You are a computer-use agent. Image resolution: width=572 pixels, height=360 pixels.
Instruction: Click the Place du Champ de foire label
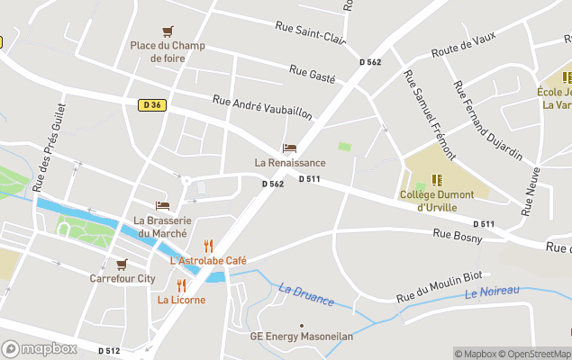click(x=167, y=51)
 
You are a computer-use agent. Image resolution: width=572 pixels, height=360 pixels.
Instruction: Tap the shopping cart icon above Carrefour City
click(x=122, y=265)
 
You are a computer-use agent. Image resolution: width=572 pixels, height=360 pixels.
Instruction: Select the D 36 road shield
click(x=151, y=105)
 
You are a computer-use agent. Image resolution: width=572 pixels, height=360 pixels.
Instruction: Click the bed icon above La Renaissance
click(x=289, y=148)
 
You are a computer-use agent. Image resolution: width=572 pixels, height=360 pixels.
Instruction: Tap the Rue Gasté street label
click(x=312, y=72)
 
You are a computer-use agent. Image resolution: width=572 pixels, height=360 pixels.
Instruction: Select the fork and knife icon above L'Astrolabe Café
click(x=208, y=246)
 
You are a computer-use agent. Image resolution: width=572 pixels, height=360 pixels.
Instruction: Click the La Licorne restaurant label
click(x=181, y=300)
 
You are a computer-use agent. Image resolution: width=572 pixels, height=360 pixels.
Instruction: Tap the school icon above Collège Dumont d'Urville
click(x=437, y=180)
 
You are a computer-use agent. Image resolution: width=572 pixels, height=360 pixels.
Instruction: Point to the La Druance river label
click(x=306, y=295)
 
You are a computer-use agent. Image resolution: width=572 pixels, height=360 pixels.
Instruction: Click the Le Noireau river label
click(x=493, y=292)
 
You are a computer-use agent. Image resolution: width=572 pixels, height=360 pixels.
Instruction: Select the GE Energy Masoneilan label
click(x=302, y=337)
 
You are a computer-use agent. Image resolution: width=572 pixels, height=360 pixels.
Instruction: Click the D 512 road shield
click(x=108, y=351)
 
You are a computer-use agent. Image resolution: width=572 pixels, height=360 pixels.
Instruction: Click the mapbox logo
click(x=40, y=348)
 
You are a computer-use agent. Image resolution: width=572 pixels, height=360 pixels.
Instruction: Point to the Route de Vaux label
click(x=464, y=45)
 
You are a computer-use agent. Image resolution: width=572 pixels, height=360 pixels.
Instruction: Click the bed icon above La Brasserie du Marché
click(x=162, y=206)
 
